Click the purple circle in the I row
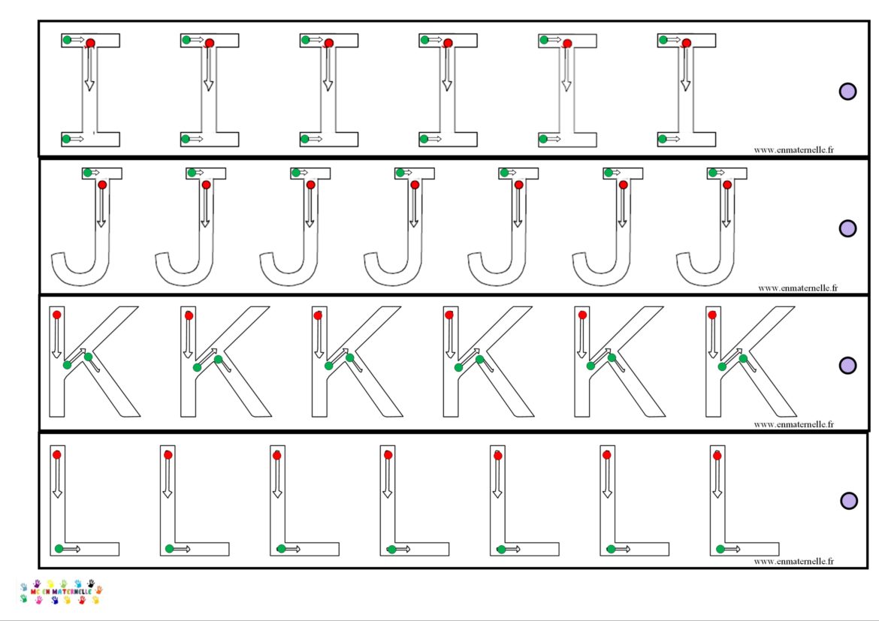[x=847, y=92]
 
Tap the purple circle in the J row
[x=847, y=228]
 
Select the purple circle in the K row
[x=847, y=365]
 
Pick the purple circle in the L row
[x=848, y=501]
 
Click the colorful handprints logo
[x=60, y=591]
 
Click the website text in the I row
[x=793, y=149]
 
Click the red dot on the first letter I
[x=90, y=44]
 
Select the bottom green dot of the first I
[x=67, y=139]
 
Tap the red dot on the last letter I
[x=686, y=44]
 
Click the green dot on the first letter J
[x=87, y=173]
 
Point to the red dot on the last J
[x=726, y=185]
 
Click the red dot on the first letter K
[x=57, y=315]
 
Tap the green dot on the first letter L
[x=59, y=549]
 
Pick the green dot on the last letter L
[x=720, y=549]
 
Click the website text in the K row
[x=793, y=424]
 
